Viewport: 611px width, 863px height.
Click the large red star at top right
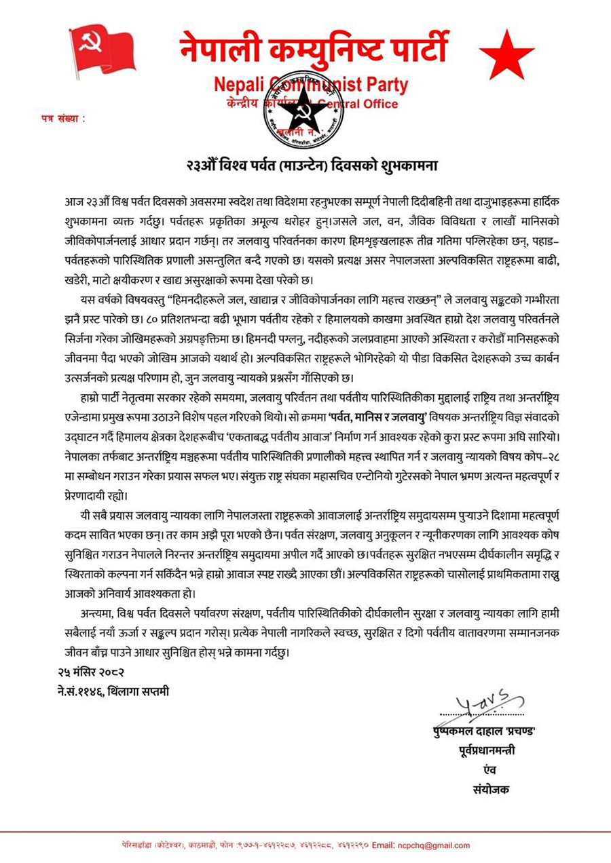(x=506, y=54)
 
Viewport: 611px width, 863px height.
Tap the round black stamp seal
(x=303, y=108)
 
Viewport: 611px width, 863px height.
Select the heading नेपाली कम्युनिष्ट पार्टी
(x=314, y=48)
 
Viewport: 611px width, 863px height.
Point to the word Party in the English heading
(x=382, y=85)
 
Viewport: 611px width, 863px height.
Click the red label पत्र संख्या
(x=64, y=119)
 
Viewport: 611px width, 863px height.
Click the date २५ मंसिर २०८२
(x=91, y=672)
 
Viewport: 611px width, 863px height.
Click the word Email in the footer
(x=384, y=845)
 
